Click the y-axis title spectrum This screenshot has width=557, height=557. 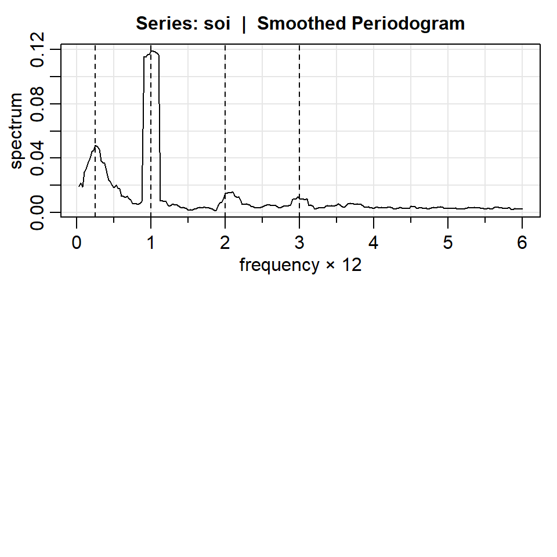point(17,131)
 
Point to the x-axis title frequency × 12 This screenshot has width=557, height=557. point(301,265)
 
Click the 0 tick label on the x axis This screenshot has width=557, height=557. point(77,243)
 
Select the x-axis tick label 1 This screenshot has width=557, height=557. point(151,243)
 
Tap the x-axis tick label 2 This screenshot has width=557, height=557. point(225,243)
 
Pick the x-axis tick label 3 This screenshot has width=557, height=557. point(299,243)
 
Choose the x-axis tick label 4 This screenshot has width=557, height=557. point(374,243)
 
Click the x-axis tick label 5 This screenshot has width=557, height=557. point(448,243)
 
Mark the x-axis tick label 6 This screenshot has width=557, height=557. point(522,243)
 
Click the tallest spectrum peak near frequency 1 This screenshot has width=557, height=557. point(153,52)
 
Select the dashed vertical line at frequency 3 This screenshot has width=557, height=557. point(299,116)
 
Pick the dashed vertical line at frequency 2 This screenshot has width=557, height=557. point(225,116)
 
